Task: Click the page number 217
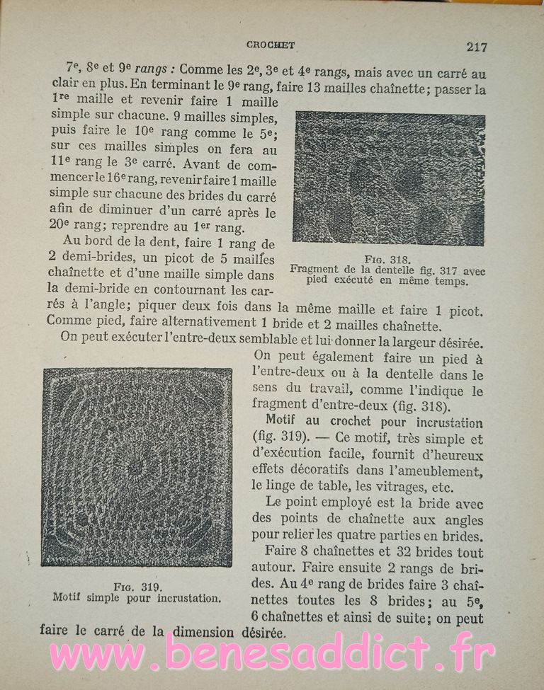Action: tap(477, 47)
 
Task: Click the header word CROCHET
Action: tap(270, 45)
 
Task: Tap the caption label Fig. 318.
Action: tap(387, 260)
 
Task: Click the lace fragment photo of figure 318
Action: tap(389, 178)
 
